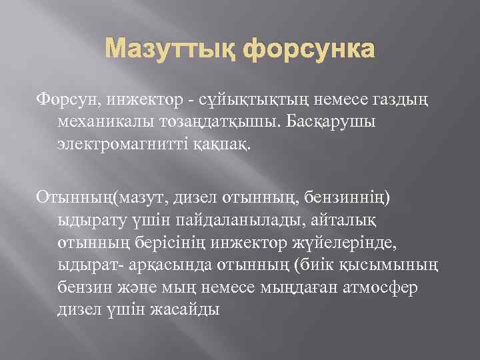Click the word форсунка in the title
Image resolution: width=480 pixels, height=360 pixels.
pos(310,51)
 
